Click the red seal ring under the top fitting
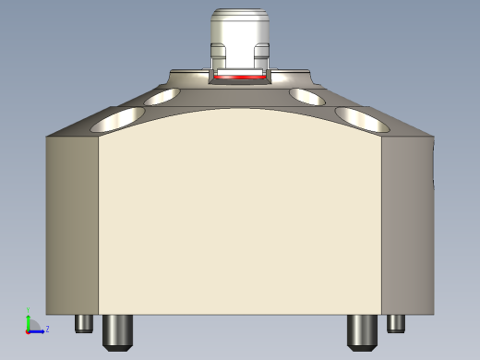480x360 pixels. click(240, 78)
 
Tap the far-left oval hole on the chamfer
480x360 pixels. click(120, 117)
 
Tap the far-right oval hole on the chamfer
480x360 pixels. click(360, 117)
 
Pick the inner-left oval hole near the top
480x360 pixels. click(164, 96)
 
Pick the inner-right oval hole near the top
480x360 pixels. click(307, 95)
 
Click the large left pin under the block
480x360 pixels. click(115, 330)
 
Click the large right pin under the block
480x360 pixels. click(360, 330)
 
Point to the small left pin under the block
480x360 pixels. click(84, 324)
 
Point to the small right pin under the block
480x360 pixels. click(396, 323)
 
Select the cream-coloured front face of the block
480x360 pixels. click(240, 222)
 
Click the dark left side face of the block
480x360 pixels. click(72, 222)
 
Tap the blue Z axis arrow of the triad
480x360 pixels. click(40, 330)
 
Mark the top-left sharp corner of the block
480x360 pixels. click(47, 137)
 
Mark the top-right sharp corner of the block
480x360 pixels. click(433, 137)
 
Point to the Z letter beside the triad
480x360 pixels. click(47, 328)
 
